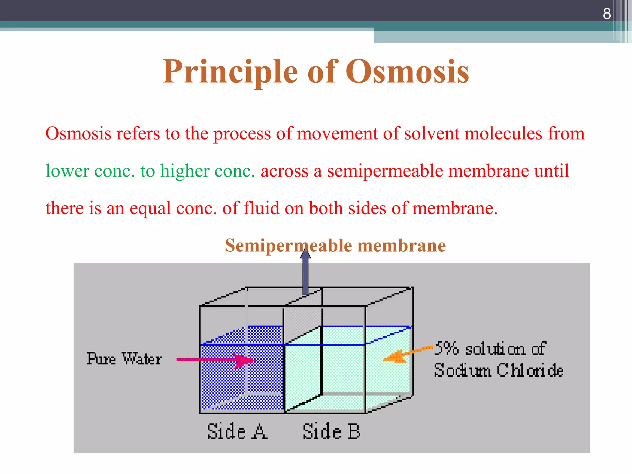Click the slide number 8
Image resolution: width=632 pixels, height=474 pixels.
click(x=606, y=14)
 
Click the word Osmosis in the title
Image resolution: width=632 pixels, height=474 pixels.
click(x=407, y=72)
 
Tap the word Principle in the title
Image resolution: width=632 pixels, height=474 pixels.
click(x=230, y=72)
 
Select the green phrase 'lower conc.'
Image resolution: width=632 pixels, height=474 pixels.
click(x=90, y=171)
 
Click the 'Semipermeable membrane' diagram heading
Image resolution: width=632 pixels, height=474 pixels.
click(x=335, y=246)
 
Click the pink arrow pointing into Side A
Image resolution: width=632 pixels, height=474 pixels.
click(x=216, y=360)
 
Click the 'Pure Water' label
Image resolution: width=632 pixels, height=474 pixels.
click(x=124, y=359)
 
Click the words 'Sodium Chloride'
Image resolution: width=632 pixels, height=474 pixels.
click(x=498, y=370)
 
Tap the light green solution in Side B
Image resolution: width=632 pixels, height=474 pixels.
click(x=343, y=370)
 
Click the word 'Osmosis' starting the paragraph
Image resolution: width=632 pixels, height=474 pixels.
click(x=78, y=134)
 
